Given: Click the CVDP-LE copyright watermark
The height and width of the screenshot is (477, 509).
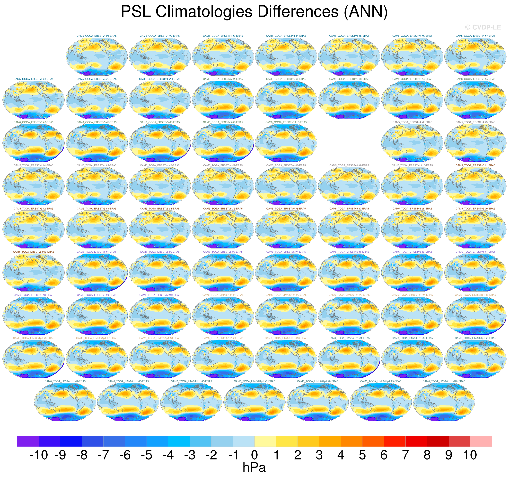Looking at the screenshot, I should [483, 27].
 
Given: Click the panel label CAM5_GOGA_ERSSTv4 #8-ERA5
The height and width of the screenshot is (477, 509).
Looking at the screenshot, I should [34, 79].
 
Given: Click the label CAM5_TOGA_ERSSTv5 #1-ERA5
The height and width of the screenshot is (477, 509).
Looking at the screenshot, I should [475, 165].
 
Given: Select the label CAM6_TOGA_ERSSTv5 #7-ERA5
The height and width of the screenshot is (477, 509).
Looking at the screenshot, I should [475, 252].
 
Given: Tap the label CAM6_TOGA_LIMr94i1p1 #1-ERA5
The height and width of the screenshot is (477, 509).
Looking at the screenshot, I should [349, 338].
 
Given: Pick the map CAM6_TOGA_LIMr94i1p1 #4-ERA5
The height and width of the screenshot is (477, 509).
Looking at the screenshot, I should [65, 402].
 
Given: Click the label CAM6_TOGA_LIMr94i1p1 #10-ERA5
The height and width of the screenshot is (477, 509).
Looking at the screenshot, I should [444, 381].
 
